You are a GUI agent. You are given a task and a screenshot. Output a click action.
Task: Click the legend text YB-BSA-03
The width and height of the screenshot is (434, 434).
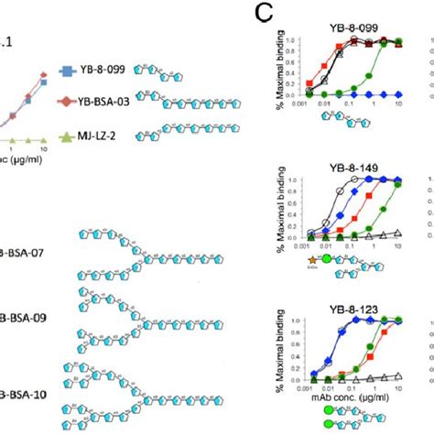[103, 102]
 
